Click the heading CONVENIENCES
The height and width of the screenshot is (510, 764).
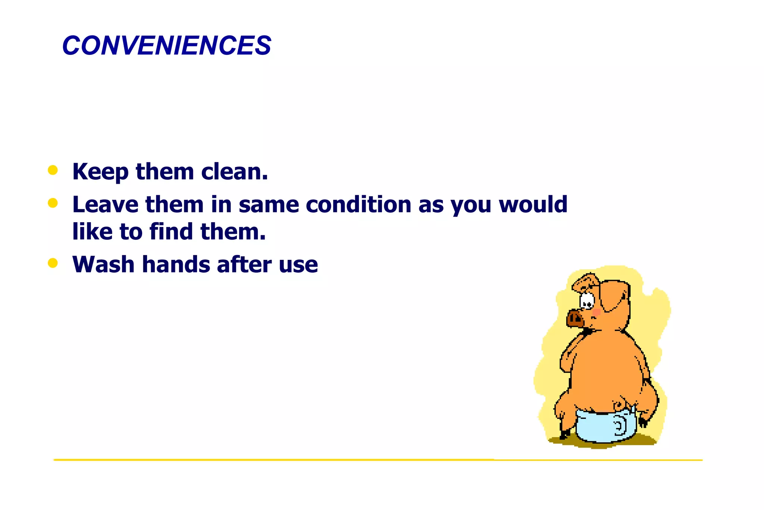click(167, 46)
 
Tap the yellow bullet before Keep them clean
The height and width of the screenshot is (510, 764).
click(53, 170)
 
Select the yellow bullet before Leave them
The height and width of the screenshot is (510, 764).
click(53, 203)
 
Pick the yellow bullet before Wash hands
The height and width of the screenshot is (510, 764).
click(53, 263)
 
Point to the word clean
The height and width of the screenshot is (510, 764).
click(234, 172)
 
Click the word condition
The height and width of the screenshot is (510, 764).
click(358, 205)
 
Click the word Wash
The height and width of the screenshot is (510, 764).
click(103, 264)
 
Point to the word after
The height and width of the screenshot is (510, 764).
click(244, 264)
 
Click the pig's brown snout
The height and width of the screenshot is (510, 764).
click(574, 319)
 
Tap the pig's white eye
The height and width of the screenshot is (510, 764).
click(587, 300)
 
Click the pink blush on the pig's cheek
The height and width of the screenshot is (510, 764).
click(597, 312)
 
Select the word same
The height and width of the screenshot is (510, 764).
click(269, 205)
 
